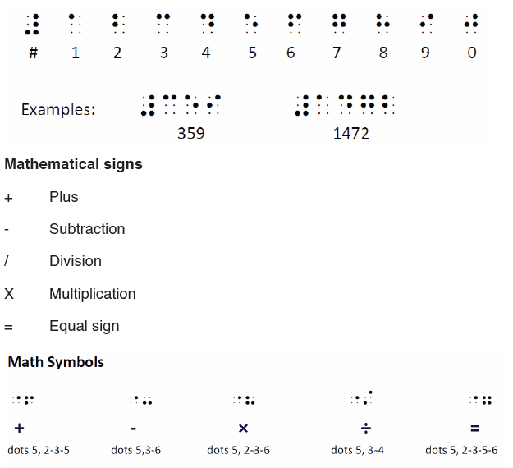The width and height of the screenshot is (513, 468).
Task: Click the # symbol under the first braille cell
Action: (34, 53)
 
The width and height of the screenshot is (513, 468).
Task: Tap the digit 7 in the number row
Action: (337, 53)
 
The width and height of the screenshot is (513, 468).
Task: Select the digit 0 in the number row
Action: (471, 53)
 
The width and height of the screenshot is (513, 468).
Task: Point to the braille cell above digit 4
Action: (208, 24)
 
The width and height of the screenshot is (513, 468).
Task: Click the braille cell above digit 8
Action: (382, 24)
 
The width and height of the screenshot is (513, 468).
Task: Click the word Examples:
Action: (58, 109)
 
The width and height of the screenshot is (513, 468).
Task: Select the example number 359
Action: (190, 133)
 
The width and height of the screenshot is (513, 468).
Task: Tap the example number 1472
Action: (351, 133)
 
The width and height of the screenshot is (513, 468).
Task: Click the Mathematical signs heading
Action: (74, 164)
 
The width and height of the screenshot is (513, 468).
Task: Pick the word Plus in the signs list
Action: (64, 197)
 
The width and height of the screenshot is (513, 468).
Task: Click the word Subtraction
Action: (87, 229)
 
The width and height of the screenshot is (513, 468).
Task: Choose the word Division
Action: (76, 261)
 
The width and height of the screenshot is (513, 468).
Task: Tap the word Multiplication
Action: (93, 294)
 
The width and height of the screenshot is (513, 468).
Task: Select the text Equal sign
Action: (85, 326)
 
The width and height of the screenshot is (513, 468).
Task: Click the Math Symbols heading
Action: (56, 362)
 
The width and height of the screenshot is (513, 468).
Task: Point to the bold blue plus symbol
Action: (20, 428)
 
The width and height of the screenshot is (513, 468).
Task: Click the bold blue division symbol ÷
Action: (366, 428)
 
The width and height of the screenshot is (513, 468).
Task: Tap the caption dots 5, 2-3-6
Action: (239, 450)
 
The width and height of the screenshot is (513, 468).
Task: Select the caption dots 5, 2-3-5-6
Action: (461, 450)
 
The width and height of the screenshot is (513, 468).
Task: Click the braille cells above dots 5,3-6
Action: (141, 397)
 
